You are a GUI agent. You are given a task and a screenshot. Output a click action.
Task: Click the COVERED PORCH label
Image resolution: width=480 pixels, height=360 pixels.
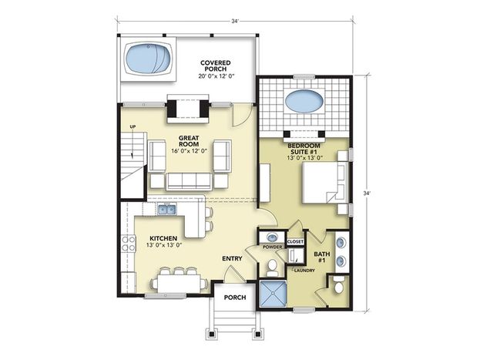pyautogui.click(x=216, y=66)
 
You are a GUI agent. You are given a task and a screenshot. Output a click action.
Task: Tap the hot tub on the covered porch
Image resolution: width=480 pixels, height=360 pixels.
pyautogui.click(x=149, y=59)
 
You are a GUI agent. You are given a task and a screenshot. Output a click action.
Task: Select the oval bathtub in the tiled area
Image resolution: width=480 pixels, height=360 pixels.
pyautogui.click(x=304, y=102)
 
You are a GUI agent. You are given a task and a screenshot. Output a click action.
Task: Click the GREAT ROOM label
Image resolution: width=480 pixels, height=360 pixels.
pyautogui.click(x=189, y=141)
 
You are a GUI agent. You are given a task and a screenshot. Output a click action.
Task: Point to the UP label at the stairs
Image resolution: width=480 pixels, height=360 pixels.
pyautogui.click(x=133, y=126)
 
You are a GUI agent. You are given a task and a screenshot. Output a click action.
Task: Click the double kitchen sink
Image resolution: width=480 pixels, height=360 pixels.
pyautogui.click(x=167, y=209)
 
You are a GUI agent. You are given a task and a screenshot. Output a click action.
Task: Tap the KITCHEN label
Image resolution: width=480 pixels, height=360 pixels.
pyautogui.click(x=163, y=238)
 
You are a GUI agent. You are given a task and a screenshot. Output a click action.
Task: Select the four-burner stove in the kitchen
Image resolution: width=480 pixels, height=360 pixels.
pyautogui.click(x=129, y=244)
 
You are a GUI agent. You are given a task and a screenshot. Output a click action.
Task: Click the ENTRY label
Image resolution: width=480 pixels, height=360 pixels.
pyautogui.click(x=232, y=258)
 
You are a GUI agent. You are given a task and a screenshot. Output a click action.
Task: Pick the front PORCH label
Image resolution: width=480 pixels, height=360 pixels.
pyautogui.click(x=235, y=298)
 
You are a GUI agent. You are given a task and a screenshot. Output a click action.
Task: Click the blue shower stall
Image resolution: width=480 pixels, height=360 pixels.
pyautogui.click(x=273, y=294)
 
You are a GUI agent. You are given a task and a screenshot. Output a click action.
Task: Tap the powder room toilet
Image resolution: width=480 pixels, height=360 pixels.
pyautogui.click(x=271, y=267)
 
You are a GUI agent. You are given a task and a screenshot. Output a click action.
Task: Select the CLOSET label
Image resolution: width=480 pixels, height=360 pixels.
pyautogui.click(x=295, y=242)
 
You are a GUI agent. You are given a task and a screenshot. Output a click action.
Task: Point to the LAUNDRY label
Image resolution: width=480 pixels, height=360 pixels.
pyautogui.click(x=304, y=271)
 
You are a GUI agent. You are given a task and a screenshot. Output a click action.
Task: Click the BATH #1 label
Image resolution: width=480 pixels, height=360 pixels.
pyautogui.click(x=322, y=257)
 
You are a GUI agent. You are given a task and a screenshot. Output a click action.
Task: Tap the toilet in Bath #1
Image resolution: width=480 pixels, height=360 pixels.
pyautogui.click(x=338, y=285)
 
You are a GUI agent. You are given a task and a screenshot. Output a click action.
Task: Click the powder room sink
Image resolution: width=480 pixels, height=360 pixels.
pyautogui.click(x=271, y=237)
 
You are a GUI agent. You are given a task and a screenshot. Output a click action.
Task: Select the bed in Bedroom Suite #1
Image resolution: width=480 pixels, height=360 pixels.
pyautogui.click(x=325, y=182)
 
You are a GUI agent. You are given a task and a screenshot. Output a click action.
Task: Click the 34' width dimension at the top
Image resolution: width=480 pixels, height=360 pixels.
pyautogui.click(x=234, y=21)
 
